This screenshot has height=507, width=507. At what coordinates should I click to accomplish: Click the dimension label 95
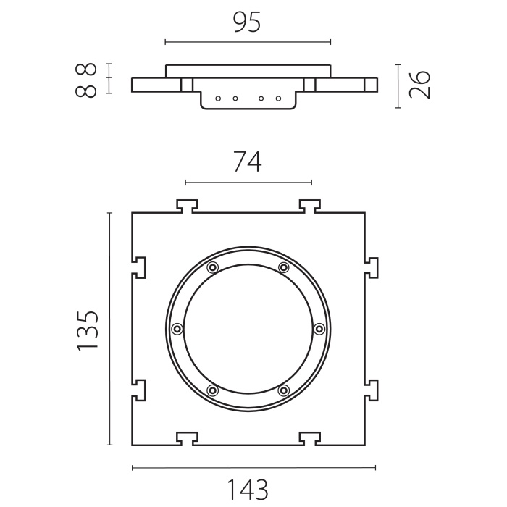click(x=247, y=23)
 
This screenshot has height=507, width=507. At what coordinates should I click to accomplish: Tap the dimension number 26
click(x=419, y=85)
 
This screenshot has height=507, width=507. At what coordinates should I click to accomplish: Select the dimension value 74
click(x=248, y=162)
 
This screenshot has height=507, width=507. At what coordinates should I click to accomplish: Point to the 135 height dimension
click(x=88, y=330)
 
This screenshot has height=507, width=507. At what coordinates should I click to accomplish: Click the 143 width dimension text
click(x=248, y=490)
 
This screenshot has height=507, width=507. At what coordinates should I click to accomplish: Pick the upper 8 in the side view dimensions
click(x=86, y=70)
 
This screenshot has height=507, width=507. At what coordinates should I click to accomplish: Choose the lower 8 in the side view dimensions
click(x=86, y=91)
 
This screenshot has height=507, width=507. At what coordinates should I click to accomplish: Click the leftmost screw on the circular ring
click(x=177, y=329)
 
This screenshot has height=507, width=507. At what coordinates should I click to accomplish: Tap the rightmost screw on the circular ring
click(x=319, y=329)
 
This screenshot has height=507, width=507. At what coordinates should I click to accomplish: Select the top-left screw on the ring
click(x=212, y=267)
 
